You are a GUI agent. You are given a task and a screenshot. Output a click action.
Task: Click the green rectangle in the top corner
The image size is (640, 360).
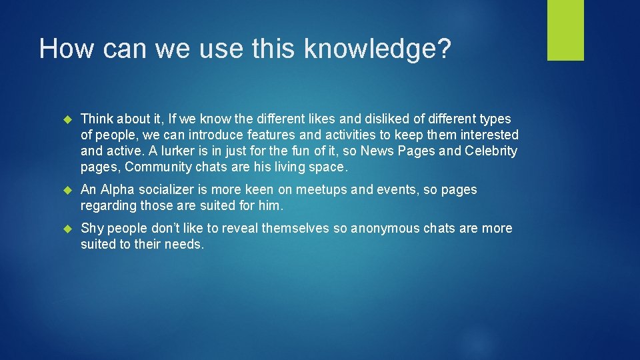tap(565, 30)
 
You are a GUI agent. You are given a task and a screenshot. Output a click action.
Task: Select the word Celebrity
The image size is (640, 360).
tap(491, 151)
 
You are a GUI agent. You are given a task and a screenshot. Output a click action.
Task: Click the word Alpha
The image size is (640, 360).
tap(117, 189)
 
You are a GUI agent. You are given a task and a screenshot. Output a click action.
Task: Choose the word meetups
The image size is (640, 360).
tap(322, 189)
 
